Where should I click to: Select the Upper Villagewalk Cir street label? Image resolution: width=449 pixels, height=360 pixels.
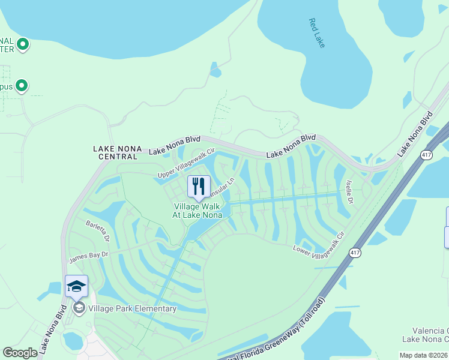(186, 163)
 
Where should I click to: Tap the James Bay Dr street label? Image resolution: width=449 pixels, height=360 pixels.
(89, 256)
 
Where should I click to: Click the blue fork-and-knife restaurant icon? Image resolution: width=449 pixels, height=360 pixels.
(199, 187)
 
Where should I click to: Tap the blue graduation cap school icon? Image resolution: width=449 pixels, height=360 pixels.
(77, 286)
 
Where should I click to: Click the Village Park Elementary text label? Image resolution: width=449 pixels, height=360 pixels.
(132, 308)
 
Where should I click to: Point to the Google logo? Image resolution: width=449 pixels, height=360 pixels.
(20, 353)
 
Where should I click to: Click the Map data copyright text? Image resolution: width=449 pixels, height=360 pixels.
(423, 355)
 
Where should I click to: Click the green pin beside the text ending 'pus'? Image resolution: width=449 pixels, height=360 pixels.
(22, 86)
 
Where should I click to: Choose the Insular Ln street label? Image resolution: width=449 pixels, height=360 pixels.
(220, 187)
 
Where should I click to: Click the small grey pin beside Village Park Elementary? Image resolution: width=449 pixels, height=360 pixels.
(79, 308)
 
